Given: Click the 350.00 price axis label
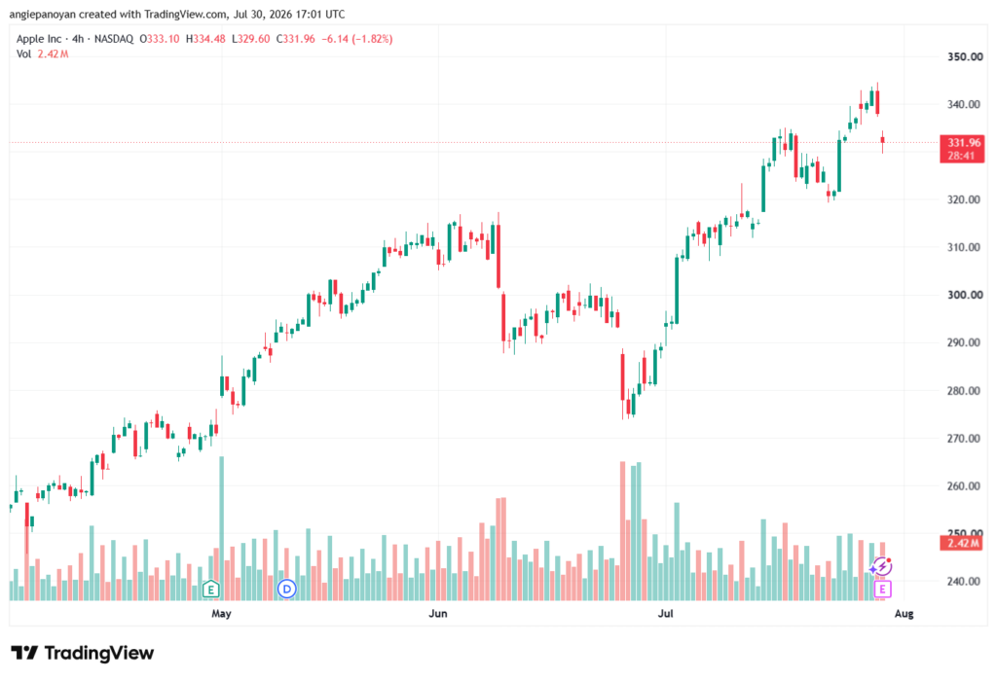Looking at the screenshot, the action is coord(965,56).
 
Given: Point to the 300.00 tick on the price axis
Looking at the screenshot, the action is coord(965,295).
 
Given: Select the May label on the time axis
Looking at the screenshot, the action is coord(221,613).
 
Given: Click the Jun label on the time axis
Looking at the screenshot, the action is coord(437,613).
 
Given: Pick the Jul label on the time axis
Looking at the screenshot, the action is coord(665,613).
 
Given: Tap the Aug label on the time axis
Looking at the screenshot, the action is coord(904,613).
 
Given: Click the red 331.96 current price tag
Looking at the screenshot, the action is coord(961,149).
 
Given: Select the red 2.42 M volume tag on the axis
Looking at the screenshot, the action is coord(961,543).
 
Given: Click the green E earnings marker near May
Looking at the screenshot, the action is coord(210,589).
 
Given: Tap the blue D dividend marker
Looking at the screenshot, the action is coord(287,590).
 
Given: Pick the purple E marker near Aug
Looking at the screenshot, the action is coord(882,590).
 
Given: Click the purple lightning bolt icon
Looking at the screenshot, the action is coord(881,565).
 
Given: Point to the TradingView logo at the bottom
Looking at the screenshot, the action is coord(83,653).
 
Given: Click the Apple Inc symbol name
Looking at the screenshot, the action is coord(39,39).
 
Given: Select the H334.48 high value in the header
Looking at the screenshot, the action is coord(205,39).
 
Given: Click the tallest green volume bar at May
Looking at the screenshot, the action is coord(221,528).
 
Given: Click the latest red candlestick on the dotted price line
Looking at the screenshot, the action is coord(882,141).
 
